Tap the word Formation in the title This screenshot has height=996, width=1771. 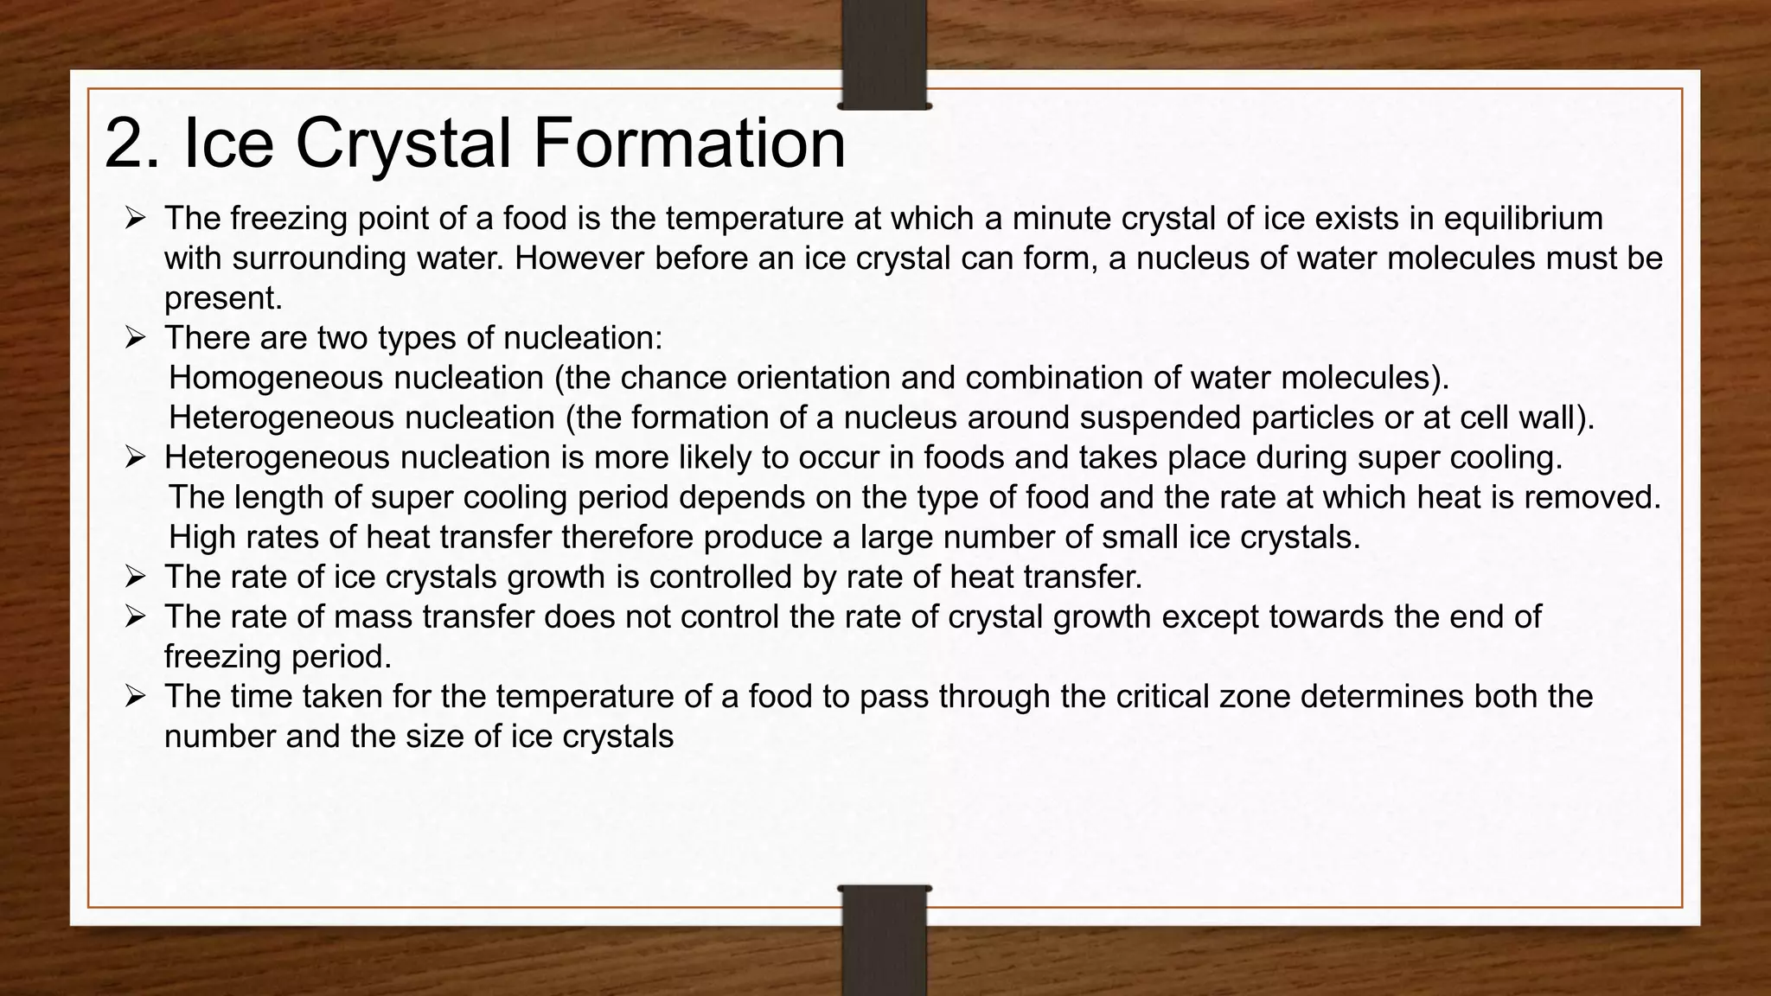(688, 144)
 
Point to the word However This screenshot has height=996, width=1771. (580, 258)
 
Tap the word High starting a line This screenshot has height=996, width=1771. (201, 537)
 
